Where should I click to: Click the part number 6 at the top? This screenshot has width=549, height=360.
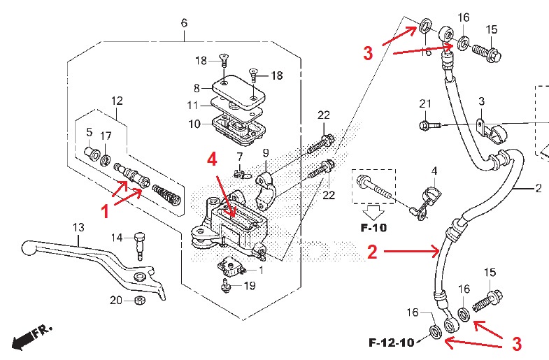[184, 23]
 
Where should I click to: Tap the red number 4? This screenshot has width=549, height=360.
[212, 159]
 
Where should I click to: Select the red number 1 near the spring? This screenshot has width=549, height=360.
[105, 212]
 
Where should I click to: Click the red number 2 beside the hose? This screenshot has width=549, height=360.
[372, 252]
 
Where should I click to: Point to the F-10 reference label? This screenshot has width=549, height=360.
[373, 228]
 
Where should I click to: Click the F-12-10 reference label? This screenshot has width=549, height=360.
[392, 342]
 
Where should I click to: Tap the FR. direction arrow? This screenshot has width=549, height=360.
[31, 336]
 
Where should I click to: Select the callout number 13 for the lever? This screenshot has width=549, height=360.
[78, 227]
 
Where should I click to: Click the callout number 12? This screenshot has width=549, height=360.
[117, 101]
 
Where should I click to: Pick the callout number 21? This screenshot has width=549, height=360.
[425, 103]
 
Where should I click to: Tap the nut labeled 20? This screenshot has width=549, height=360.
[141, 300]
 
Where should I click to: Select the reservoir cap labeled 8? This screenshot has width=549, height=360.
[238, 91]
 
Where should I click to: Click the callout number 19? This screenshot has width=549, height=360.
[249, 285]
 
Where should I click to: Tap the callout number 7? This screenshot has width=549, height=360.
[239, 157]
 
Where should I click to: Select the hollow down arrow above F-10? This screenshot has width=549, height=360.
[373, 212]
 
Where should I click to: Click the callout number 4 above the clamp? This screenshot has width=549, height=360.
[434, 171]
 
